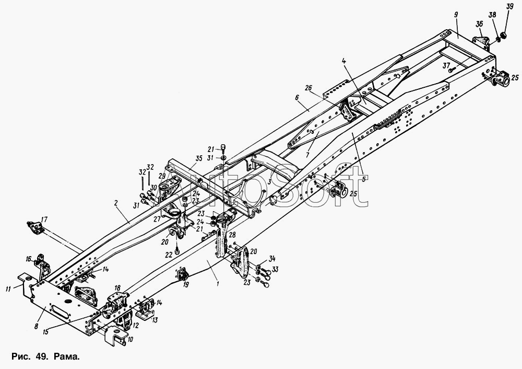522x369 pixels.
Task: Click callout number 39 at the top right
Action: coord(509,7)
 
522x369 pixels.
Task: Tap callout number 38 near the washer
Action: coord(493,15)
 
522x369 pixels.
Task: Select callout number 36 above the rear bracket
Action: coord(479,24)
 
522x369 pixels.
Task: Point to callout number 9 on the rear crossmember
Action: coord(456,14)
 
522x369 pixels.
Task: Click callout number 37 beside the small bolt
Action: coord(447,66)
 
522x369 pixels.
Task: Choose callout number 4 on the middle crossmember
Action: coord(344,61)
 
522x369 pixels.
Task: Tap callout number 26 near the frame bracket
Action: coord(309,88)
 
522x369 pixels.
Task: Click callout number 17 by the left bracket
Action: coord(44,220)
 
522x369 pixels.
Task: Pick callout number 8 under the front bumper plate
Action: coord(37,326)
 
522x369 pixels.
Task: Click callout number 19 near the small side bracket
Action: coord(186,284)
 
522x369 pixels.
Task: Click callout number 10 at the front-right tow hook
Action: coord(130,339)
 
